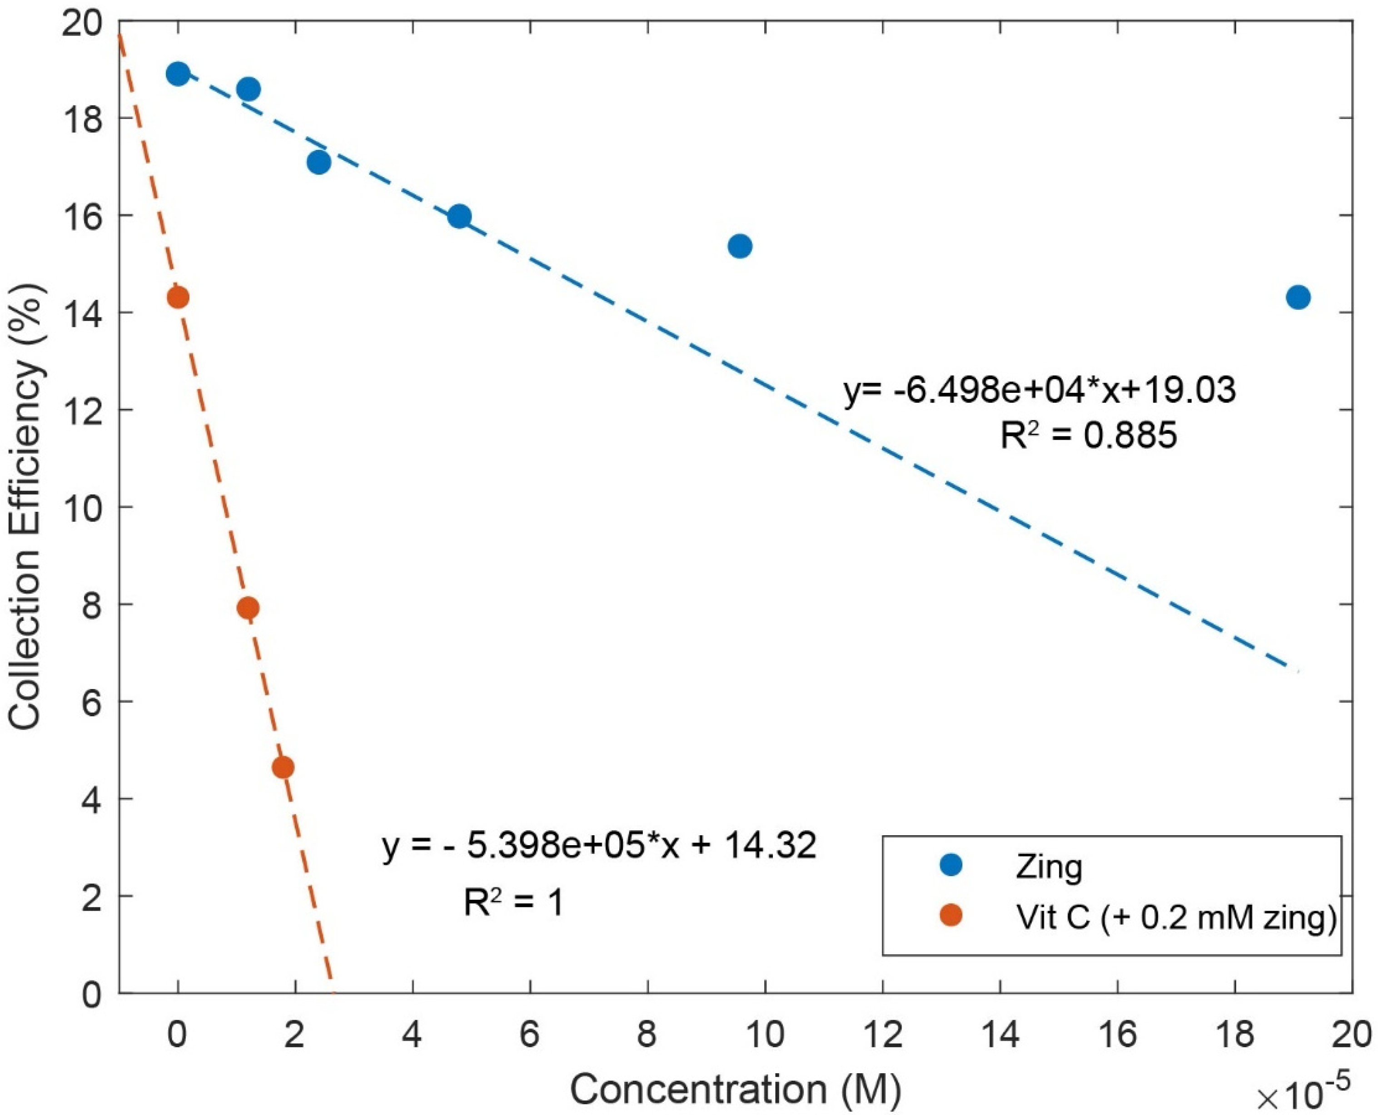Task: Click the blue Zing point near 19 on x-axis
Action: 1298,297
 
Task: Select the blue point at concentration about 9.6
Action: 740,246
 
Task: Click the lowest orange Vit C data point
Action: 283,768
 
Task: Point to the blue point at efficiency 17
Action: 318,163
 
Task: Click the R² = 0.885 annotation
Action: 1088,436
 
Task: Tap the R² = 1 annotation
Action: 514,902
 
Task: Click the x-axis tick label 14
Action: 1000,1036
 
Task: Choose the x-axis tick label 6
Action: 529,1036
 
